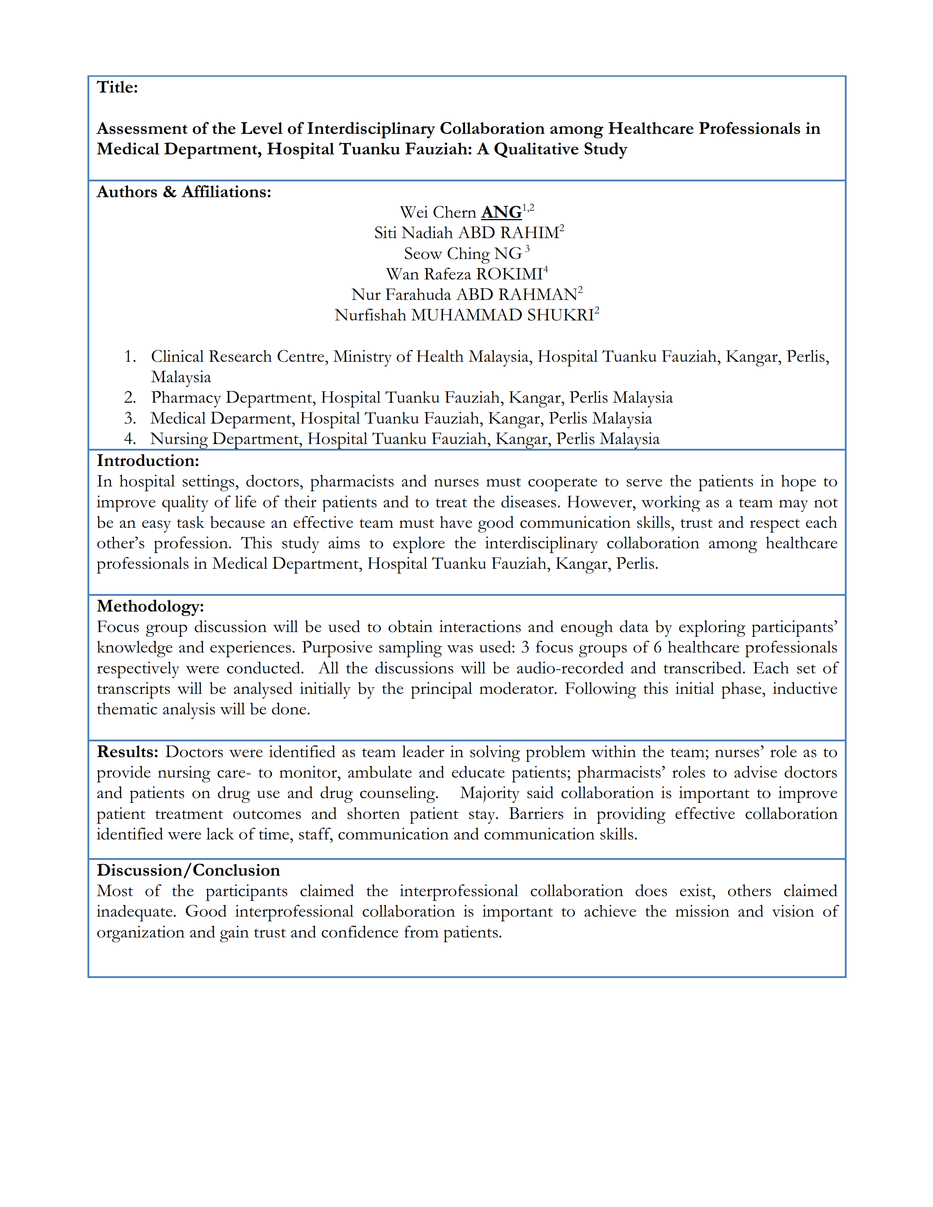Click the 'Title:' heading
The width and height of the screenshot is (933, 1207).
[117, 87]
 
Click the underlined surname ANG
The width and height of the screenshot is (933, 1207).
[501, 213]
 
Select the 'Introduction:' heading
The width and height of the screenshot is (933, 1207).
[147, 460]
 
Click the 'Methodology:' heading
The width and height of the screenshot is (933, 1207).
[150, 606]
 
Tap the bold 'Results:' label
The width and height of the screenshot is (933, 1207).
[128, 752]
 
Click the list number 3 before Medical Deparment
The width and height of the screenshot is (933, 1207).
[130, 418]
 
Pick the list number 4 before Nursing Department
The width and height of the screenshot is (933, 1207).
[130, 439]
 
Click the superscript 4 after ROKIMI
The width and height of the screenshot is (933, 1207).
[546, 269]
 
